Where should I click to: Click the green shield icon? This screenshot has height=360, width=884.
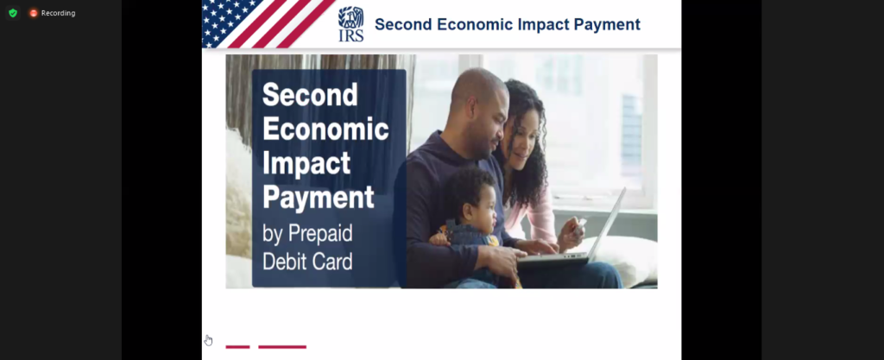(13, 13)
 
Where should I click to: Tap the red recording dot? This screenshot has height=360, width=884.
(34, 13)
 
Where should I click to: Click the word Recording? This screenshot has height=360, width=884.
(58, 13)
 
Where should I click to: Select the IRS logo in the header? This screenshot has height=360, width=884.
(350, 24)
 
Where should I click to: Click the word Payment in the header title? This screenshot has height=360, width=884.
(607, 25)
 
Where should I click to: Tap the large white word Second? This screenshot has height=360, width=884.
(310, 95)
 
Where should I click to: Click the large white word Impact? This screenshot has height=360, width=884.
(306, 163)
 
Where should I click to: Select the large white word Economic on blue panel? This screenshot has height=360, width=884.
(325, 129)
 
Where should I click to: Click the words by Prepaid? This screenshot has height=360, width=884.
(307, 234)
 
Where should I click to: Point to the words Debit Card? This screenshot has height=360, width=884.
(307, 262)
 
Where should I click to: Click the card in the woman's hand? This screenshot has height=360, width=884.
(581, 224)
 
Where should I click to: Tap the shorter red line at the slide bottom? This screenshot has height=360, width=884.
(237, 346)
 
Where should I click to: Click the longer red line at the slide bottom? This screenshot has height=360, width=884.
(282, 346)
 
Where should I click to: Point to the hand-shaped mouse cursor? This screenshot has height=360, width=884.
(208, 340)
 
